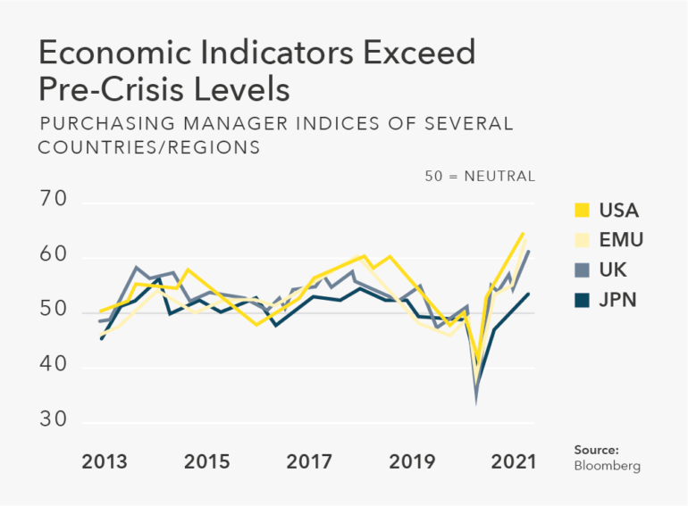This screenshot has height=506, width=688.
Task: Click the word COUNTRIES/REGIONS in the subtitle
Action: pos(149,147)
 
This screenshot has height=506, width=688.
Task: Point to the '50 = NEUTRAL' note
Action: pos(480,177)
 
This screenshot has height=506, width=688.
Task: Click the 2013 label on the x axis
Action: pos(105,462)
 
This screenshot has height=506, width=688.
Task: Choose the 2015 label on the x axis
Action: pos(206,462)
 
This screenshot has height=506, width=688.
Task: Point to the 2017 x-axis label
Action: pos(309,462)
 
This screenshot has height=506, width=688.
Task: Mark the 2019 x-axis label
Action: pos(411,462)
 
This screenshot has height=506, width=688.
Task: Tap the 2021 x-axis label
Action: pos(513,462)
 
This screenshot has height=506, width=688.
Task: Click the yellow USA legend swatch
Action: pos(582,211)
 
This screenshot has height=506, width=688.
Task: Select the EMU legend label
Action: pos(622,239)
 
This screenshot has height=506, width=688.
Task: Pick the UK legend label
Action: pos(615,269)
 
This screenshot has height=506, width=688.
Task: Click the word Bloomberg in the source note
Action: pos(608,466)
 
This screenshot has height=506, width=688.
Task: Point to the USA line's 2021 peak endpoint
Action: pos(523,234)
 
